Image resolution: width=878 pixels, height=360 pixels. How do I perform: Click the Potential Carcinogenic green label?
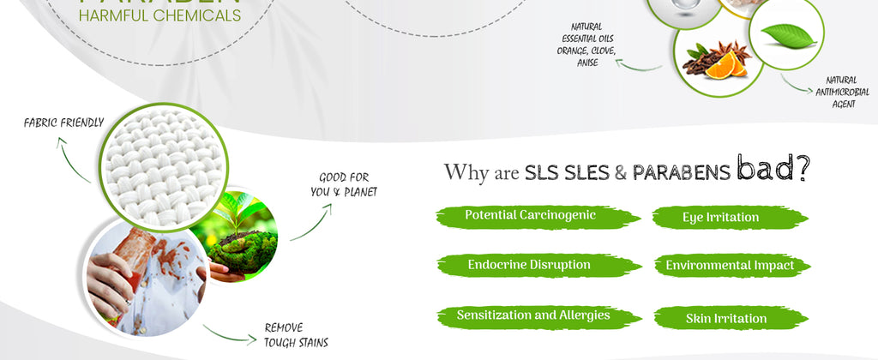pyautogui.click(x=530, y=215)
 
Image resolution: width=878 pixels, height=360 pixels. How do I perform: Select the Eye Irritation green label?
pyautogui.click(x=720, y=218)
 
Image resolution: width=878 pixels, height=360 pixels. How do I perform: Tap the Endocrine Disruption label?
pyautogui.click(x=529, y=266)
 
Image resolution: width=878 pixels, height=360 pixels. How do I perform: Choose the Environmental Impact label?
pyautogui.click(x=730, y=266)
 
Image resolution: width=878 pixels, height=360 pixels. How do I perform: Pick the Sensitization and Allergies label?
pyautogui.click(x=533, y=315)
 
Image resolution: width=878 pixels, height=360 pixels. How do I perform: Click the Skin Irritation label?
pyautogui.click(x=726, y=319)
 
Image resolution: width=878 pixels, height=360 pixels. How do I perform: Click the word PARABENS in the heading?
pyautogui.click(x=681, y=173)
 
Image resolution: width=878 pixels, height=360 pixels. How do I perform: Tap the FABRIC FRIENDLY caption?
pyautogui.click(x=63, y=123)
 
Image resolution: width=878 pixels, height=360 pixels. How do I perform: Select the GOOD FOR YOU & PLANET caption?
pyautogui.click(x=343, y=185)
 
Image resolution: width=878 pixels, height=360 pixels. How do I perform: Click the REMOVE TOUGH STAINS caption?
pyautogui.click(x=296, y=335)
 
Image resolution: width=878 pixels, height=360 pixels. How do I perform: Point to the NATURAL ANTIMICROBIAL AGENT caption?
pyautogui.click(x=842, y=92)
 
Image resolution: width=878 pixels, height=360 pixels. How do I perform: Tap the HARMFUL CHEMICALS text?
pyautogui.click(x=159, y=15)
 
